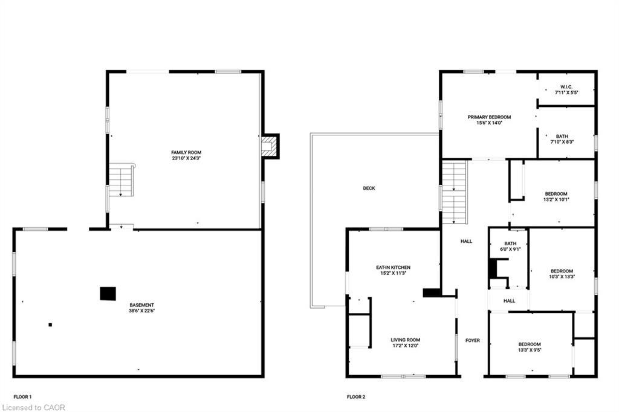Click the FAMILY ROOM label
[x=186, y=152]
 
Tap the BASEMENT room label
[x=141, y=305]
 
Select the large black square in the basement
[x=108, y=293]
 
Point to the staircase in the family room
[x=122, y=180]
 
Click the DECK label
[x=369, y=188]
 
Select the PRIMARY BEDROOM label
[x=489, y=117]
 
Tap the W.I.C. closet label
[x=566, y=87]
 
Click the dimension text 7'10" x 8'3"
[x=566, y=142]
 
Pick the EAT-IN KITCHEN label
[x=394, y=267]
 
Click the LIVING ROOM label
[x=405, y=340]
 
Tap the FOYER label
[x=472, y=341]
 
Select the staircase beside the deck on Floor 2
[x=455, y=192]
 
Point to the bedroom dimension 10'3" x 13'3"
[x=562, y=277]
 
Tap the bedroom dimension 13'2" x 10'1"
[x=556, y=200]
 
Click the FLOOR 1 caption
[x=22, y=397]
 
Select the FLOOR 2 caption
[x=356, y=397]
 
